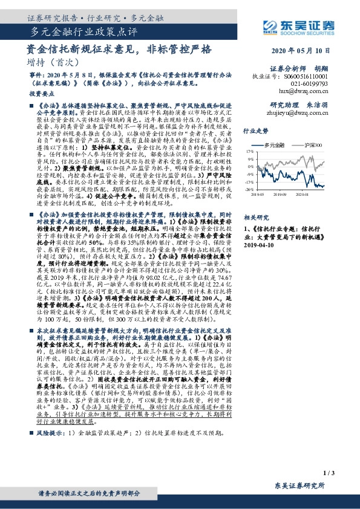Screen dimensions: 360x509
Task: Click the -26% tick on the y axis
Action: pyautogui.click(x=249, y=189)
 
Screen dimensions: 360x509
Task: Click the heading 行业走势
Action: pyautogui.click(x=255, y=131)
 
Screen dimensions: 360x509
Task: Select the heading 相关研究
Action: pyautogui.click(x=255, y=216)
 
